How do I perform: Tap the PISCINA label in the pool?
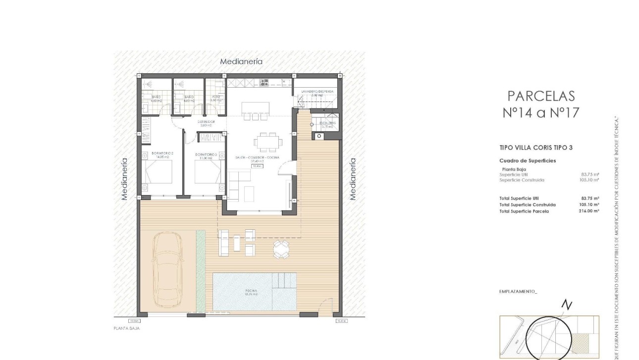(251, 291)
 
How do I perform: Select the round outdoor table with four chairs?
(281, 249)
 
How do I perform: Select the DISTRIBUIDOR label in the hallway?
(206, 121)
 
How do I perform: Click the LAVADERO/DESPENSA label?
(318, 92)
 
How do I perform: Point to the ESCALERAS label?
(327, 122)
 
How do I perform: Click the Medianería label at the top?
(241, 62)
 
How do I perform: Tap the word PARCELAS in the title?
(541, 96)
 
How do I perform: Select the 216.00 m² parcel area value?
(590, 211)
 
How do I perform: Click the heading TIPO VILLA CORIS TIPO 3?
(529, 148)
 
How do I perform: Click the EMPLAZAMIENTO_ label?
(518, 292)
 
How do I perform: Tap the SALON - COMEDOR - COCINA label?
(257, 157)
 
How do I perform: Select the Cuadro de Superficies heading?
(528, 160)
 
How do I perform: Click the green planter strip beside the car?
(201, 271)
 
